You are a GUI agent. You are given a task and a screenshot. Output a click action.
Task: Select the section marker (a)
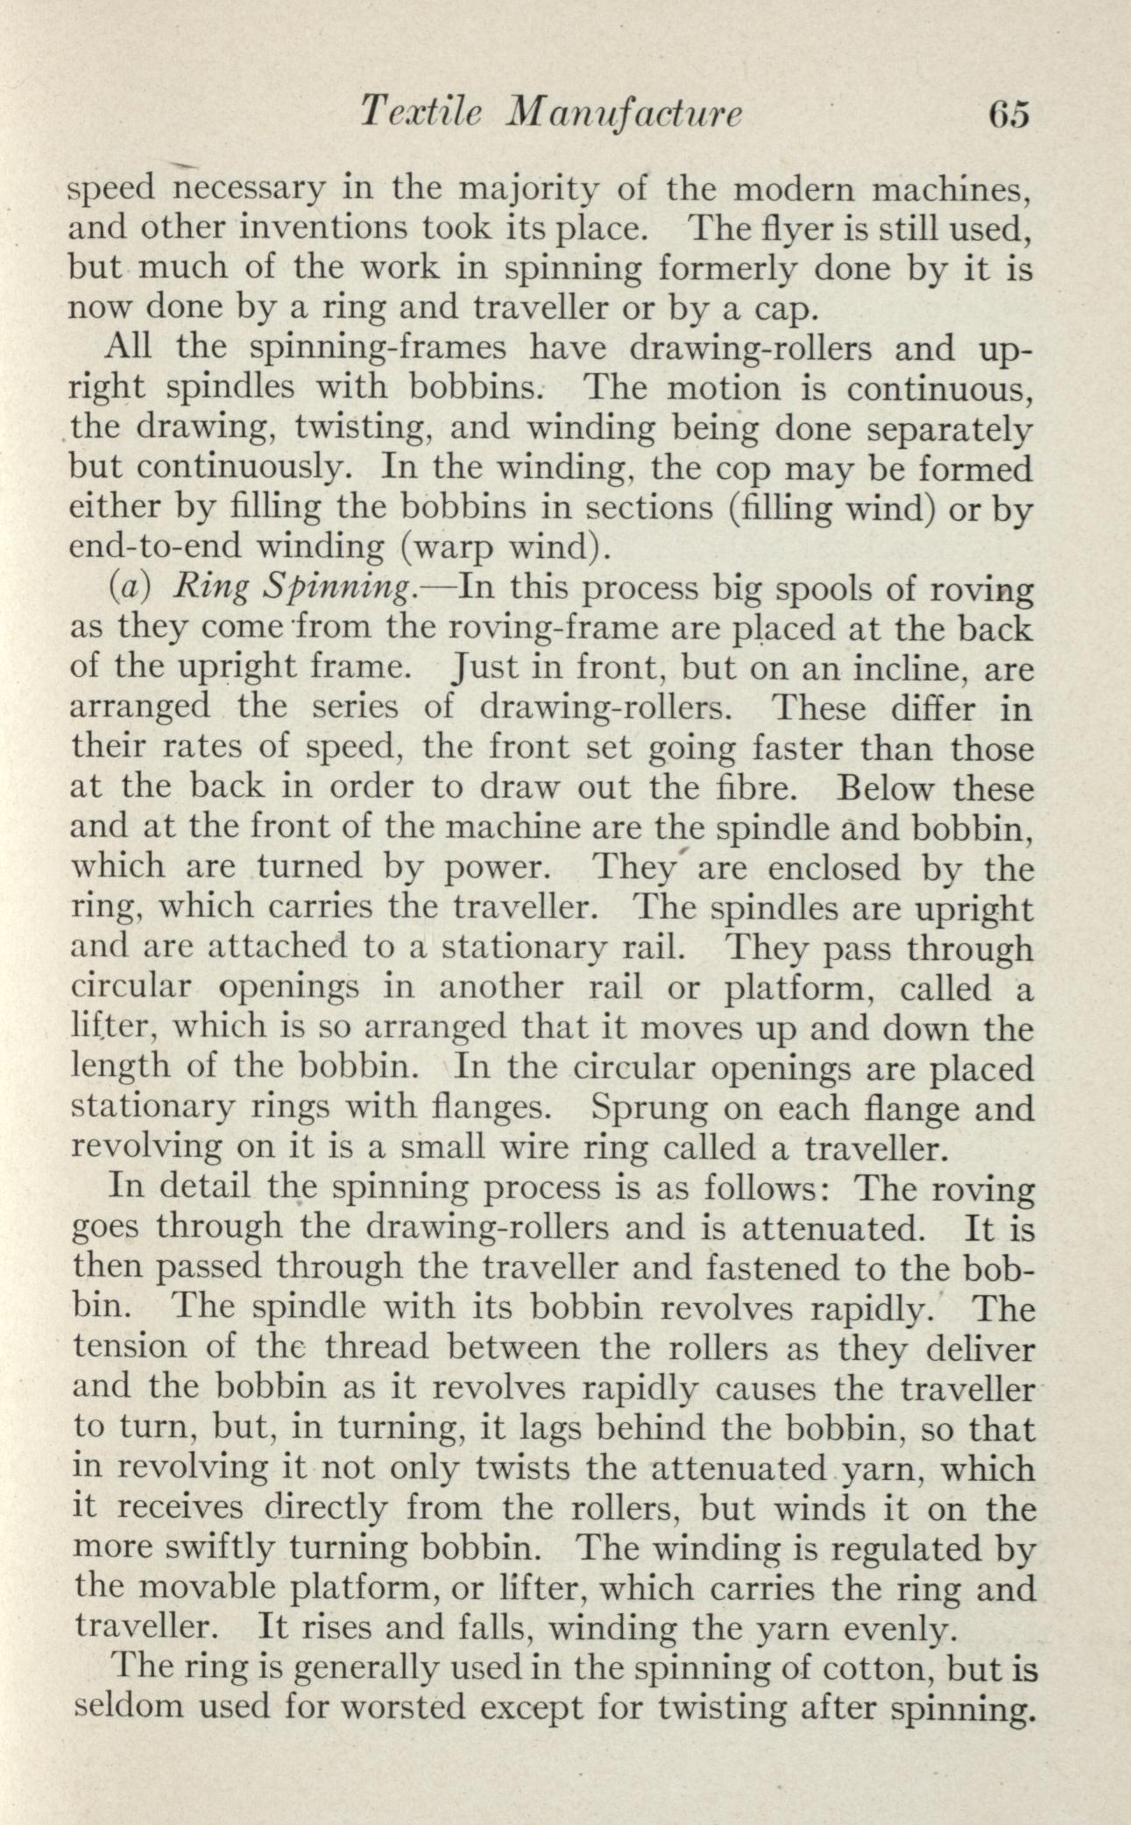124,588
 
